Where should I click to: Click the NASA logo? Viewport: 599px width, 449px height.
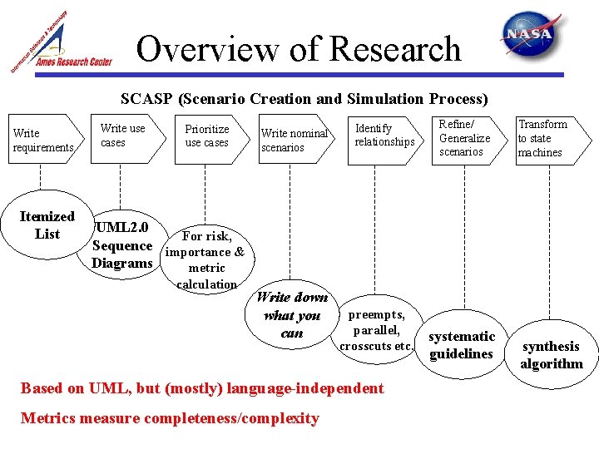pyautogui.click(x=527, y=35)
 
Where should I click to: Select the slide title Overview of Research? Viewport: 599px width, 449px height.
pyautogui.click(x=298, y=49)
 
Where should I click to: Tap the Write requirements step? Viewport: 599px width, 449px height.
pyautogui.click(x=42, y=140)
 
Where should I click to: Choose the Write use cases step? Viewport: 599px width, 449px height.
pyautogui.click(x=122, y=136)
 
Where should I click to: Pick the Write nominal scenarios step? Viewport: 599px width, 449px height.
pyautogui.click(x=294, y=141)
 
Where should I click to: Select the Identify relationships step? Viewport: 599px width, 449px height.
pyautogui.click(x=384, y=136)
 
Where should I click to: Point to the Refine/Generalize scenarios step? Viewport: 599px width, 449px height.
pyautogui.click(x=464, y=138)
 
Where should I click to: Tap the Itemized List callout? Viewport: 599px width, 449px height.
pyautogui.click(x=47, y=225)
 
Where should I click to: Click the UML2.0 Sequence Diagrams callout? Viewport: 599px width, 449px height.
pyautogui.click(x=122, y=245)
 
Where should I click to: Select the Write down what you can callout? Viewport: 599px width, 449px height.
pyautogui.click(x=292, y=315)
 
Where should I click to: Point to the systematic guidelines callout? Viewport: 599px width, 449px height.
pyautogui.click(x=462, y=345)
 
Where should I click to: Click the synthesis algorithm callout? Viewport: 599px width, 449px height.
pyautogui.click(x=551, y=355)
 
